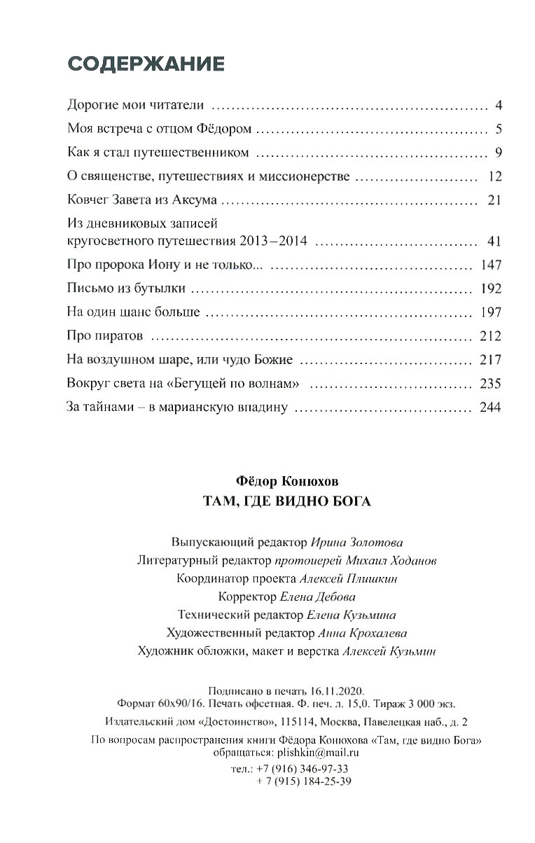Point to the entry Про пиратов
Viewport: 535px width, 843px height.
105,336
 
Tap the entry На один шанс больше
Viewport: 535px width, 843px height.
134,312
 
